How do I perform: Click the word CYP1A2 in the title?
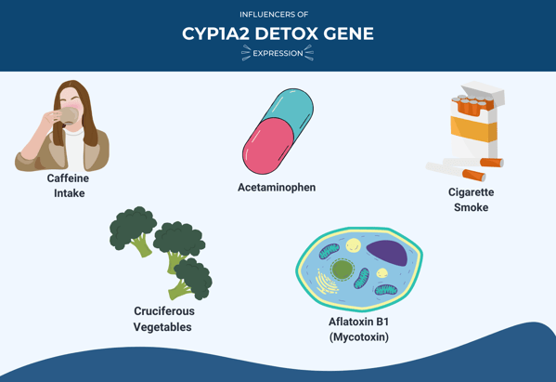coord(215,34)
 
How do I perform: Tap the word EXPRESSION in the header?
coord(278,53)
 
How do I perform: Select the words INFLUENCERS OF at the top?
coord(274,15)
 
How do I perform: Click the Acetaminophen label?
coord(277,187)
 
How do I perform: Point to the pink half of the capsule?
coord(267,146)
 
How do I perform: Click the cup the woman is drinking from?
coord(69,116)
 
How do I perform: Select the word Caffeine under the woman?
coord(68,178)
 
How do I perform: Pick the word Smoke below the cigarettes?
coord(472,207)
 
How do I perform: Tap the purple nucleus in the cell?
coord(387,253)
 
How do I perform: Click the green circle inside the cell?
coord(342,270)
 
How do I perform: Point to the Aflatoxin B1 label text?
coord(359,322)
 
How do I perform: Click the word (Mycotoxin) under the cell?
coord(359,336)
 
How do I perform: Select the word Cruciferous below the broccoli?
coord(164,311)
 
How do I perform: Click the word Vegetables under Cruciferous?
coord(162,327)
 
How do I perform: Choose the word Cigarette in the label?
coord(472,192)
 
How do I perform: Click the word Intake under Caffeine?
coord(70,193)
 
